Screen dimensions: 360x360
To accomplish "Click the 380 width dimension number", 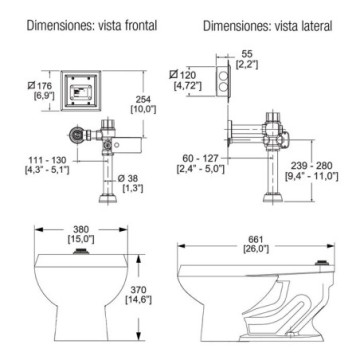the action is tap(82, 230).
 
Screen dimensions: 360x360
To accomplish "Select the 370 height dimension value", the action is tap(139, 290).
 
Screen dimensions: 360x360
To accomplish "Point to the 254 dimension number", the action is tap(144, 99).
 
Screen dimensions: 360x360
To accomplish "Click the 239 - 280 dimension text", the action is tap(311, 166).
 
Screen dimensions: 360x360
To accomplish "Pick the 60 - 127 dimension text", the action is tap(200, 158).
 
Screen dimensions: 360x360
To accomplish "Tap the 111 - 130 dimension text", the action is tap(48, 159).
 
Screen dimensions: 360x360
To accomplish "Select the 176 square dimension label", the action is tap(42, 86).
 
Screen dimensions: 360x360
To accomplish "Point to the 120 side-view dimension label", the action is tap(183, 75).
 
